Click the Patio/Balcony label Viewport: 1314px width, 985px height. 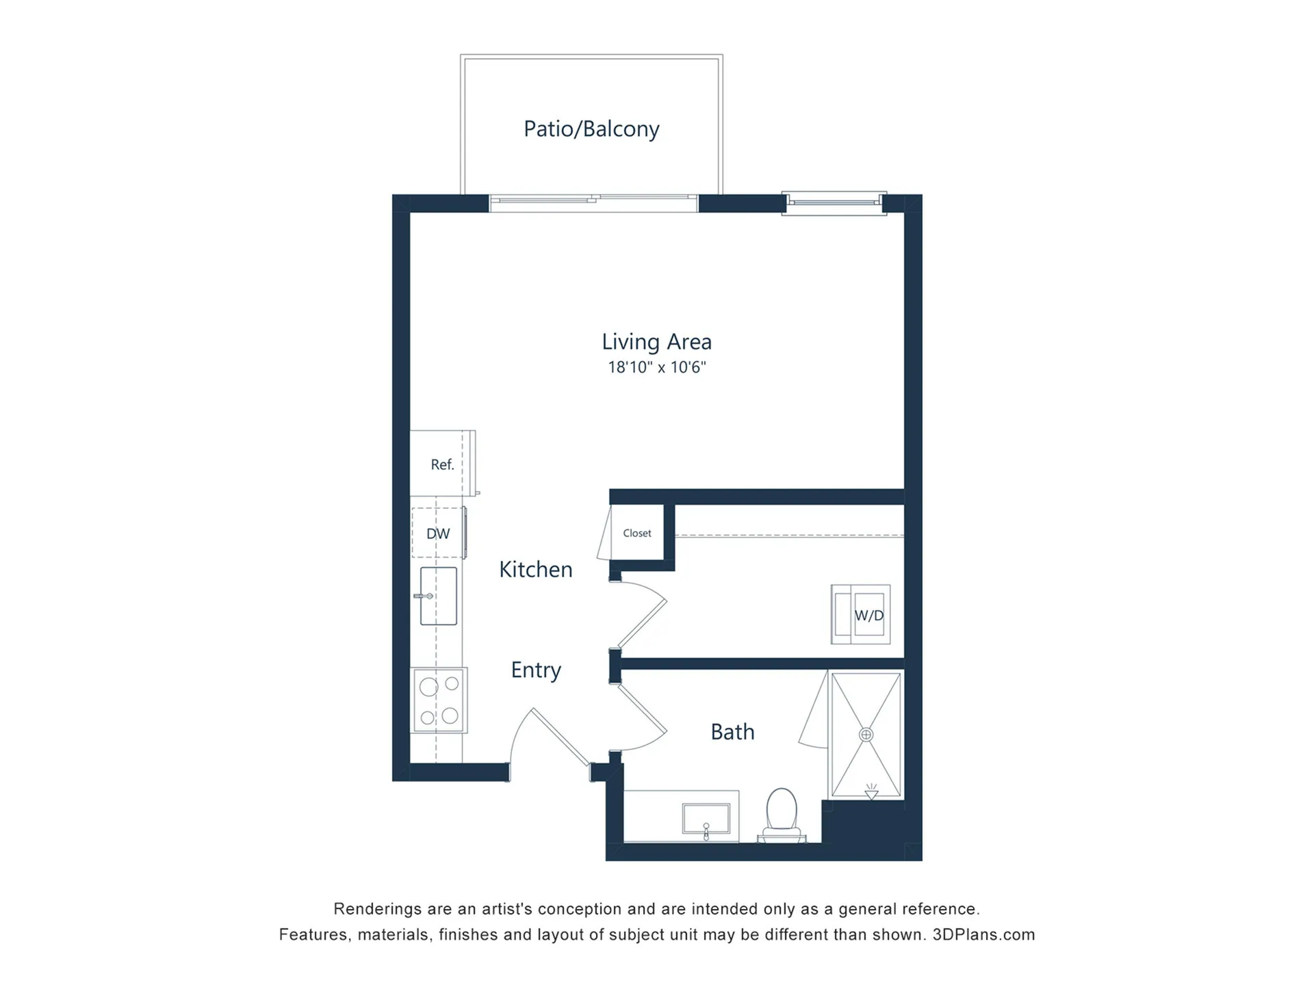point(591,129)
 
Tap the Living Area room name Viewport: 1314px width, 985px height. point(656,341)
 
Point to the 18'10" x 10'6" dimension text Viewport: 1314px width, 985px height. point(656,367)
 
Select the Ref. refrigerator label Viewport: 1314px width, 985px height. point(442,464)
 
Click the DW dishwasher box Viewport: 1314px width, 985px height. point(438,533)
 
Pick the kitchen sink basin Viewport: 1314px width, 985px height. point(439,596)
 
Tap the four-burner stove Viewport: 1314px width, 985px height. point(439,700)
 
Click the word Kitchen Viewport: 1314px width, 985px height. point(536,569)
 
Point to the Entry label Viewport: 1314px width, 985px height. point(536,670)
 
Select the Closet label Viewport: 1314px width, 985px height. point(637,533)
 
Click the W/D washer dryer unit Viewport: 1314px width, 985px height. point(861,614)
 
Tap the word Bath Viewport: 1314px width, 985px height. point(732,732)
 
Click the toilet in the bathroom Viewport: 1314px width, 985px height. point(782,815)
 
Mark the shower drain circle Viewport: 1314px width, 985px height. point(866,735)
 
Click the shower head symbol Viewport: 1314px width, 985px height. point(871,792)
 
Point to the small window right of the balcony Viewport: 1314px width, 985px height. point(834,202)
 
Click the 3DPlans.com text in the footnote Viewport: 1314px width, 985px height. point(983,934)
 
